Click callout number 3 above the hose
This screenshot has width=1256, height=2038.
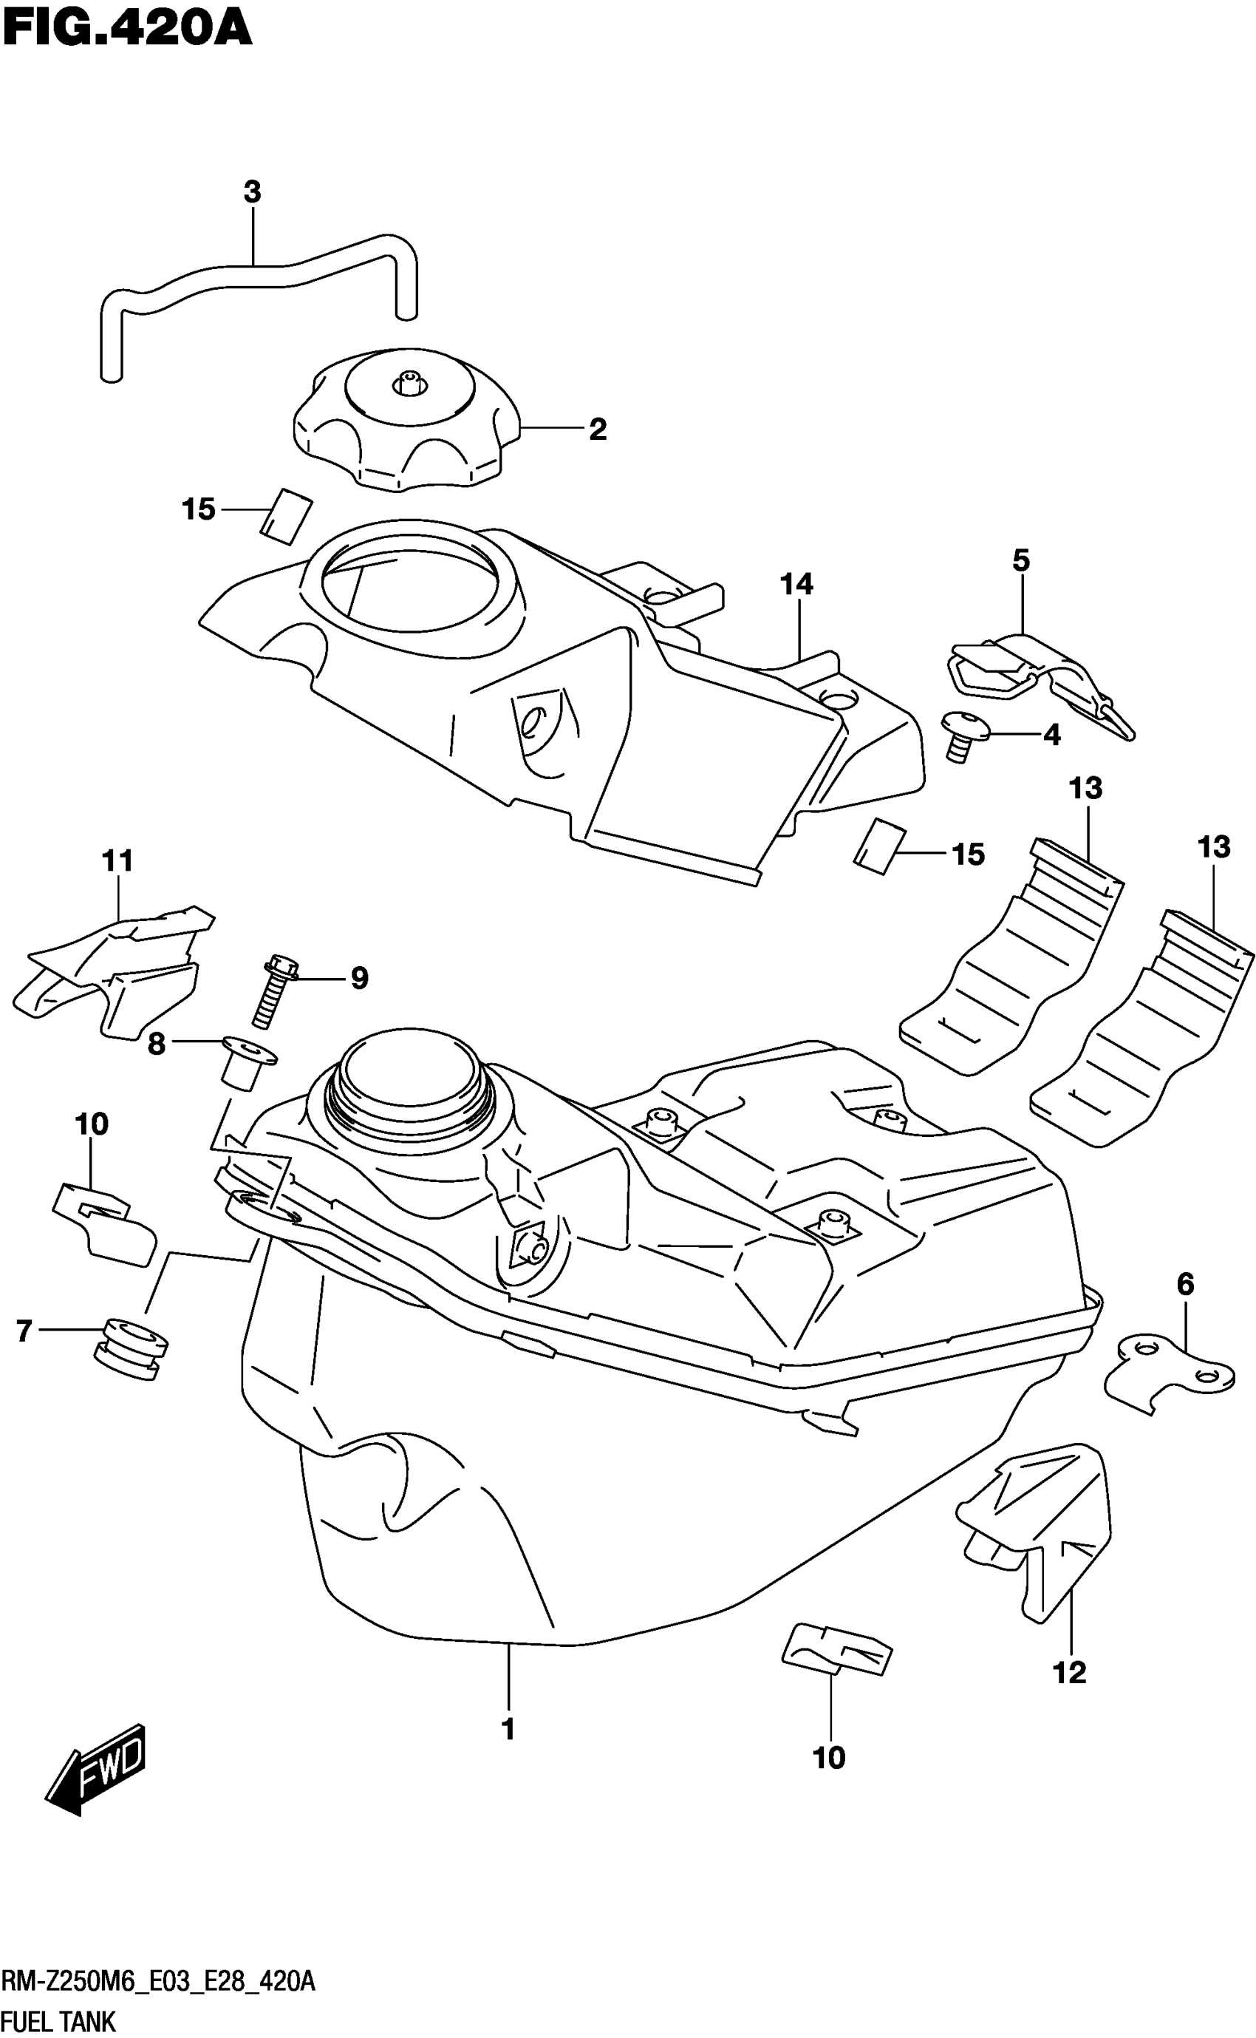click(x=253, y=192)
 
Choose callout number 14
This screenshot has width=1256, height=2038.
click(x=796, y=584)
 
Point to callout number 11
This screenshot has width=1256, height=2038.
click(x=118, y=860)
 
